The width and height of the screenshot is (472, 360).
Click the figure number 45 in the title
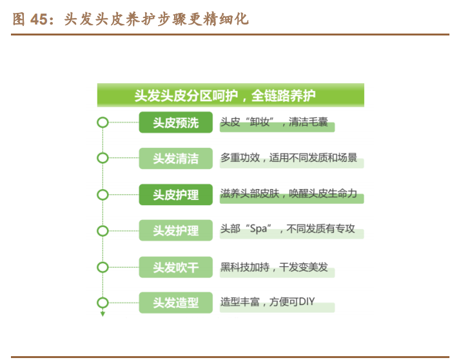click(43, 19)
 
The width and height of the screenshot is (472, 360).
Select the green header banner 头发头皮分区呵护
click(230, 95)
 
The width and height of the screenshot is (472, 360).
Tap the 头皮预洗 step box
click(175, 122)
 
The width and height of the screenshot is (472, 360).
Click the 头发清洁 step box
click(175, 158)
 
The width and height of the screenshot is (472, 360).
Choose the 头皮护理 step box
click(175, 194)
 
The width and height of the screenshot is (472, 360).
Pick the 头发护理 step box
click(175, 230)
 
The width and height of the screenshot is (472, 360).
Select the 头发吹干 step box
click(175, 266)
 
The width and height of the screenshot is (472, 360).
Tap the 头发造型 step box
click(175, 302)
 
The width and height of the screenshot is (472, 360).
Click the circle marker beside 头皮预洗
click(102, 122)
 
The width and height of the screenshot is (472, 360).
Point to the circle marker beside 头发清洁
click(102, 158)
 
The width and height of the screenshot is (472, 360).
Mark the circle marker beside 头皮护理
click(102, 194)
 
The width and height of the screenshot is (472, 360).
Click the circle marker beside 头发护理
click(102, 230)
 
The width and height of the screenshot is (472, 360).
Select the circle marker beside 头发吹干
click(102, 266)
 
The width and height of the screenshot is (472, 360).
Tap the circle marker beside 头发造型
click(102, 302)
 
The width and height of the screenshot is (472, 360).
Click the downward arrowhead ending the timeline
click(102, 315)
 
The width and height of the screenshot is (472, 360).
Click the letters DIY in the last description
click(306, 301)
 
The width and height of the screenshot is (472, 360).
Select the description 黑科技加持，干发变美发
click(274, 266)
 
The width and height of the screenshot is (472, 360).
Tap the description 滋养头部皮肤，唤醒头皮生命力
click(288, 194)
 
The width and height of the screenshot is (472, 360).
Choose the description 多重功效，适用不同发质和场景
click(288, 157)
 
